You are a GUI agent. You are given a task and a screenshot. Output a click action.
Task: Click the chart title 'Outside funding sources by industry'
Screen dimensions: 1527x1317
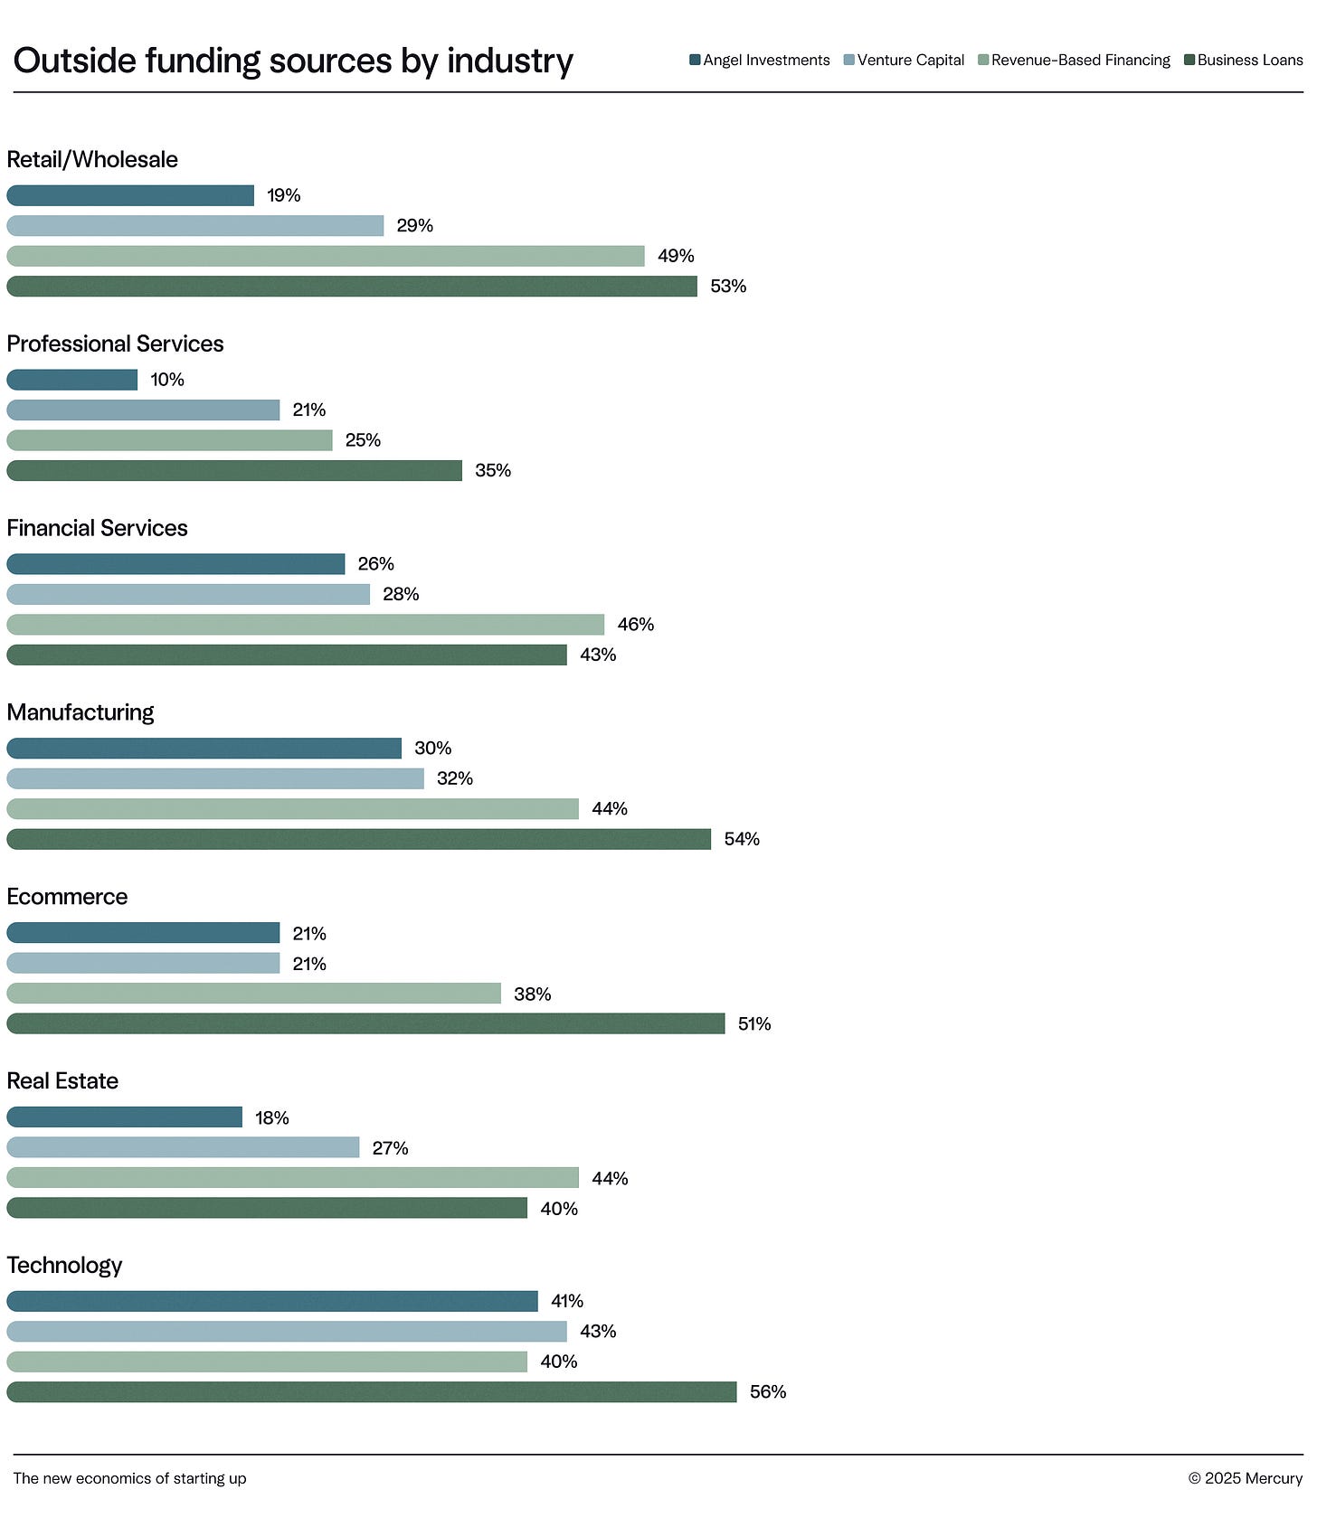point(293,61)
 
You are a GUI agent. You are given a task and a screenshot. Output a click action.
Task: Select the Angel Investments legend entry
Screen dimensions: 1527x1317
point(760,60)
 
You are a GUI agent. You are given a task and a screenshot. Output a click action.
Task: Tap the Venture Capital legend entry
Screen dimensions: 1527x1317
point(904,60)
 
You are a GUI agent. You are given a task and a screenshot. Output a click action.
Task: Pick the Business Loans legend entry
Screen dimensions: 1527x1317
point(1244,60)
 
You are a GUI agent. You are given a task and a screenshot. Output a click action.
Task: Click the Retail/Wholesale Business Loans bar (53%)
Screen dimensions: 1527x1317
point(352,287)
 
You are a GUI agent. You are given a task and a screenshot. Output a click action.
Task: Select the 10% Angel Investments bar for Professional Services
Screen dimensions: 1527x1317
point(72,380)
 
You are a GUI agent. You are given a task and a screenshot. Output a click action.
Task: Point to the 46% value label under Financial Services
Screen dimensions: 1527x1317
point(635,625)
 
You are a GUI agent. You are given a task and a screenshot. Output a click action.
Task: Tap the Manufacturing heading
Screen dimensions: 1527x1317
point(81,712)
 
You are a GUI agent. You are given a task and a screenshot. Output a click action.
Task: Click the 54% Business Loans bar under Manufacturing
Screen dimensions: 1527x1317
point(358,839)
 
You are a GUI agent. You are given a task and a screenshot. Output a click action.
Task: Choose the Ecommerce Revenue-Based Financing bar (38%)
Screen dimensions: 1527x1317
point(253,994)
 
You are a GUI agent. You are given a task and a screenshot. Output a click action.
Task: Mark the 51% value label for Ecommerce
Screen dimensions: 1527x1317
point(753,1024)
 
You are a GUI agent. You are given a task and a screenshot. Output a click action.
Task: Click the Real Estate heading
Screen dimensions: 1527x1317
point(62,1081)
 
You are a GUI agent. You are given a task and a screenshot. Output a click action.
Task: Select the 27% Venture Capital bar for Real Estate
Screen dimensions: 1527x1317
point(183,1147)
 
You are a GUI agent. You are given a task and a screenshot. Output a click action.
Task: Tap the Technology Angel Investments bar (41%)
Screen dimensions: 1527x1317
point(271,1301)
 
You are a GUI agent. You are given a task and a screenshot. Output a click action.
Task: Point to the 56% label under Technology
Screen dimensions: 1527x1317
point(767,1392)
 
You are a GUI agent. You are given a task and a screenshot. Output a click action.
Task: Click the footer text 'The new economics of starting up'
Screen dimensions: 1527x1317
point(129,1478)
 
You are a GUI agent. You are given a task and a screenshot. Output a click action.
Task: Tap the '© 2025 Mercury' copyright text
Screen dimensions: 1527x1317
point(1245,1478)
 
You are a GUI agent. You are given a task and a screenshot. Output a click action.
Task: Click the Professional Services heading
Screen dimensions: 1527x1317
point(115,344)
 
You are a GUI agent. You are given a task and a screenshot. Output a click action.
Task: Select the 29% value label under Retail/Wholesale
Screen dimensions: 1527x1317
point(414,226)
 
